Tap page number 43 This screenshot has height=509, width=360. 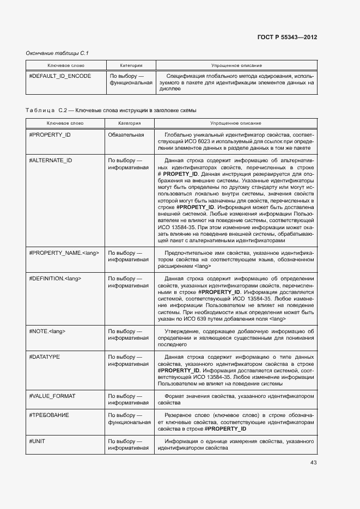point(313,463)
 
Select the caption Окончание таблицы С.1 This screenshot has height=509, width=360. point(57,53)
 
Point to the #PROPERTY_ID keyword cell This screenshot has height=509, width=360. point(50,134)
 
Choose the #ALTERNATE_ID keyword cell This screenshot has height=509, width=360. point(51,161)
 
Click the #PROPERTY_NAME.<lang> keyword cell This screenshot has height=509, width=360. point(64,253)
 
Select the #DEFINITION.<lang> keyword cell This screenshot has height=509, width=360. point(55,279)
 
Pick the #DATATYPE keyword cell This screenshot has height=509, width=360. point(45,357)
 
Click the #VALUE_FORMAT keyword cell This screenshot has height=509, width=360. point(52,396)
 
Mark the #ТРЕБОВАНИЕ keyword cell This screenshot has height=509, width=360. point(49,415)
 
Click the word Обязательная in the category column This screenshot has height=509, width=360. point(126,134)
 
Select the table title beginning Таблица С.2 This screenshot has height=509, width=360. point(111,111)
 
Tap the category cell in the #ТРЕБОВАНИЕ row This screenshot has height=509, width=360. point(130,418)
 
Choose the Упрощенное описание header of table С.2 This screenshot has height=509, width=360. point(235,124)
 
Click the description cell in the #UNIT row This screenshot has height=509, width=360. point(235,444)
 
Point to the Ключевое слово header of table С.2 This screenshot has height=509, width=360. point(65,124)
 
